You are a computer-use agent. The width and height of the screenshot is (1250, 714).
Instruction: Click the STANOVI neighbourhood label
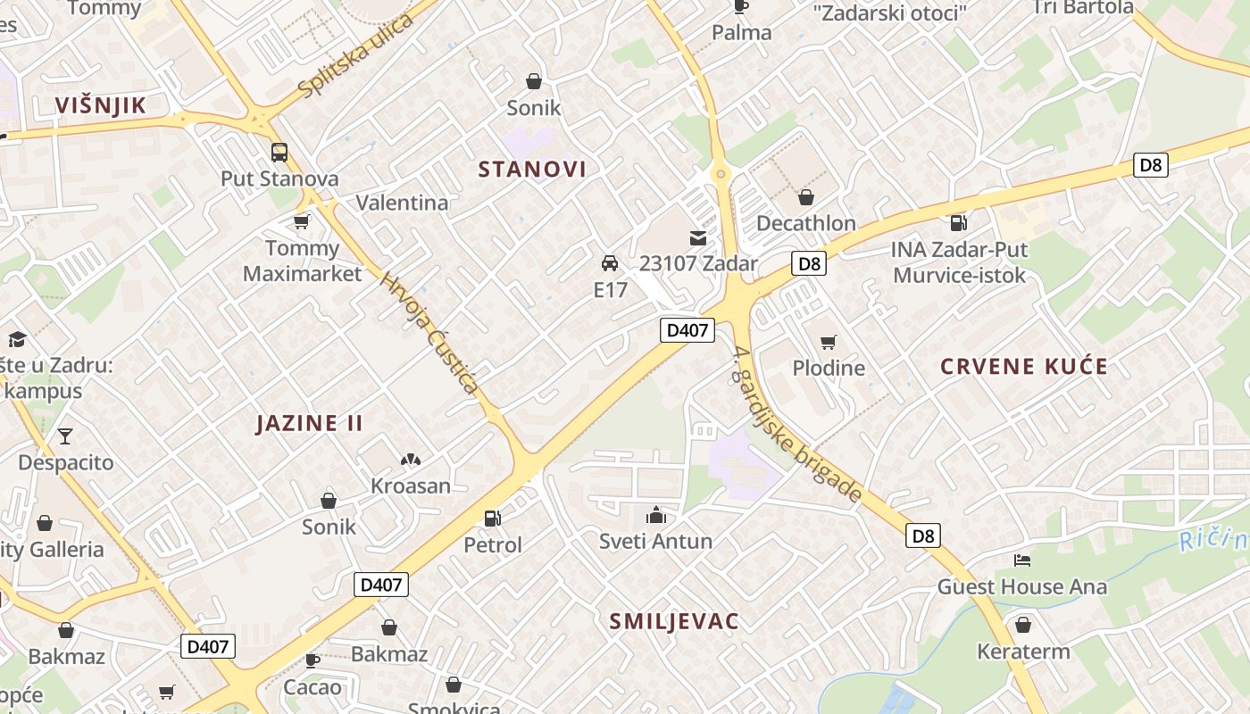[532, 170]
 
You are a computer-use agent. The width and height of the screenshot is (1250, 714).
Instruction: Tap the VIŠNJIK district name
[100, 105]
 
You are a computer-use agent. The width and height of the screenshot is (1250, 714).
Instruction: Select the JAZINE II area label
[309, 423]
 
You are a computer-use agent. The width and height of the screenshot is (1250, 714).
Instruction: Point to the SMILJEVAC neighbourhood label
[674, 621]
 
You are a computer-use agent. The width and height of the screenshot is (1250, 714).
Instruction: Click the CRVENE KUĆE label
[1024, 366]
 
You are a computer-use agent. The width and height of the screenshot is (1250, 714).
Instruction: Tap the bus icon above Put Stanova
[279, 153]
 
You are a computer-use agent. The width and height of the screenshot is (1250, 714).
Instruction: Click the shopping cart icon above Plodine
[829, 342]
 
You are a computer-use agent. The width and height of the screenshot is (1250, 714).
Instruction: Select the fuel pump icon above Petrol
[492, 519]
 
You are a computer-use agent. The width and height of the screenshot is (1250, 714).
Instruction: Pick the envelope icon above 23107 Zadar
[697, 238]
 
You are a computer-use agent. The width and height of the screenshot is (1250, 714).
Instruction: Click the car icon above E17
[610, 263]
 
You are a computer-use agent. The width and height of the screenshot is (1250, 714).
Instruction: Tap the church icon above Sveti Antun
[656, 515]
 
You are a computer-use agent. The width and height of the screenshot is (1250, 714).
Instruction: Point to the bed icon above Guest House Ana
[1022, 560]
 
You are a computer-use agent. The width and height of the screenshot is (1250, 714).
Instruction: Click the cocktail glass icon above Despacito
[65, 436]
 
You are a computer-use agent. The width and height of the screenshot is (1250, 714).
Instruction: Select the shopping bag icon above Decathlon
[806, 197]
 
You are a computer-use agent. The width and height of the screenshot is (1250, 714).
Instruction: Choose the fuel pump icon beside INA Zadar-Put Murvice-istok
[959, 222]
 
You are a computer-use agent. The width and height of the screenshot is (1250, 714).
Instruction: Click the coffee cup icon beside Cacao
[312, 660]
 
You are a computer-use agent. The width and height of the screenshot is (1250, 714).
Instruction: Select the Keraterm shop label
[1023, 652]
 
